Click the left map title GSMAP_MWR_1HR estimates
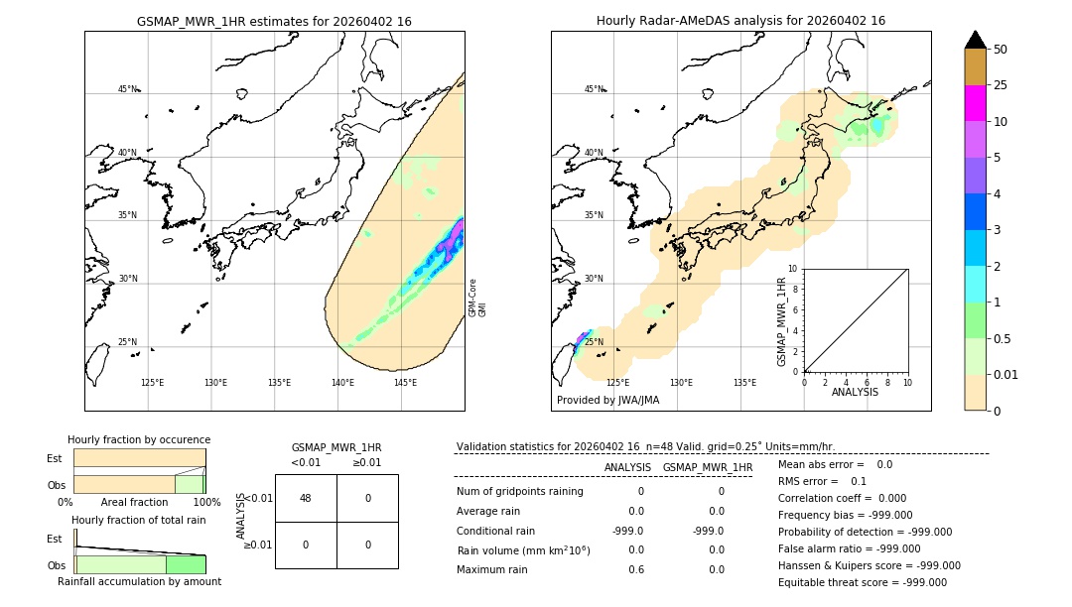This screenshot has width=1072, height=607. [274, 21]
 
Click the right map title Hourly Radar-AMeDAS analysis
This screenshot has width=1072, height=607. [740, 21]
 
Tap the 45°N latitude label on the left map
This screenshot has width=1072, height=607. [127, 89]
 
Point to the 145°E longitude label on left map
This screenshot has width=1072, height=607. [405, 383]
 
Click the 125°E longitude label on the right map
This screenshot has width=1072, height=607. [617, 383]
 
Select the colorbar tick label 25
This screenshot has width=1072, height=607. [1002, 85]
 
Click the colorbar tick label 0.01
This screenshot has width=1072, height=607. [1006, 375]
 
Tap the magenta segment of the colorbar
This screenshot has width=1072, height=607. [976, 103]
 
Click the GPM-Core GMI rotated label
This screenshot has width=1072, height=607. [476, 298]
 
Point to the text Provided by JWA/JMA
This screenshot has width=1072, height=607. [607, 401]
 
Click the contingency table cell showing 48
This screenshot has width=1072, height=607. [306, 498]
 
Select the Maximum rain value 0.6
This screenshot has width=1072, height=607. [635, 569]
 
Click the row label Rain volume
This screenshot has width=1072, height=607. [523, 550]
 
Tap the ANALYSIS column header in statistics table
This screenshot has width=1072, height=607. [627, 467]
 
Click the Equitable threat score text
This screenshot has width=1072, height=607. [863, 582]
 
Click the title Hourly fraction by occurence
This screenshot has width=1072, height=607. [139, 439]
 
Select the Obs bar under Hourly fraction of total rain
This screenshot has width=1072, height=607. [140, 564]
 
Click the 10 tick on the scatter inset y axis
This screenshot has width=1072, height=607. [793, 268]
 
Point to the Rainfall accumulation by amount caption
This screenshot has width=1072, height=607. [139, 581]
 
